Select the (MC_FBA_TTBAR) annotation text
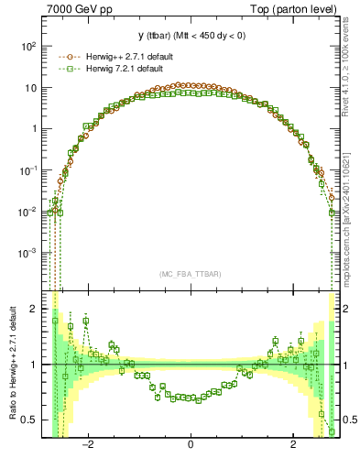pyautogui.click(x=190, y=274)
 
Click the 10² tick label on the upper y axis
pyautogui.click(x=29, y=46)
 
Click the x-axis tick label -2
pyautogui.click(x=88, y=444)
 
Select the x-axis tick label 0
pyautogui.click(x=190, y=444)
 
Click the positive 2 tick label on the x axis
pyautogui.click(x=292, y=444)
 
